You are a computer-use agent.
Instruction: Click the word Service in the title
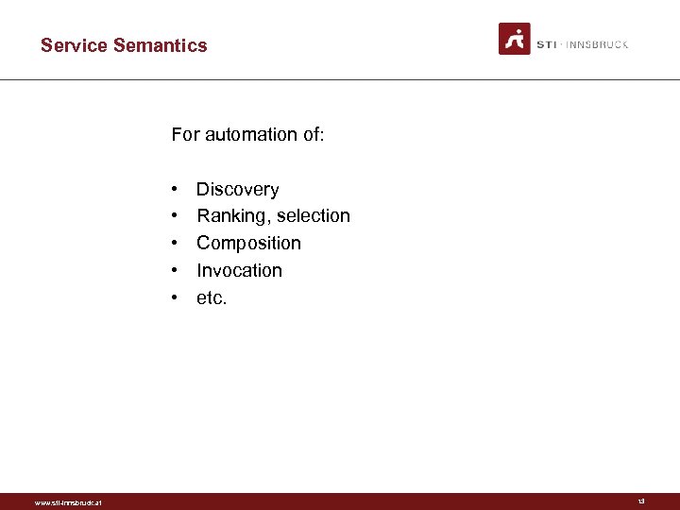[x=74, y=45]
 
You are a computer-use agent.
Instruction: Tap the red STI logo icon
[x=515, y=39]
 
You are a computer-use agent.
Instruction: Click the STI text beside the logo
[x=546, y=44]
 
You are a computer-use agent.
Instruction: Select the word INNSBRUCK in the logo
[x=597, y=44]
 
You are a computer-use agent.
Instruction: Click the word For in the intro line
[x=185, y=135]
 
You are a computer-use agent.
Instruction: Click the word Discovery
[x=237, y=189]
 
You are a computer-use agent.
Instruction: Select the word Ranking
[x=229, y=216]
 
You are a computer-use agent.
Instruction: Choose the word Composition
[x=248, y=244]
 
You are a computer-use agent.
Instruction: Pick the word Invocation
[x=239, y=271]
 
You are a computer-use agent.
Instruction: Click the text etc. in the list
[x=212, y=298]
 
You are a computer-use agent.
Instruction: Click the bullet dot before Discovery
[x=176, y=190]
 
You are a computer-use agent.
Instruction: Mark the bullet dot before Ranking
[x=176, y=217]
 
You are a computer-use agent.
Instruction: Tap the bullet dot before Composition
[x=176, y=245]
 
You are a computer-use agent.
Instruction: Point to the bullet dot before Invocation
[x=176, y=272]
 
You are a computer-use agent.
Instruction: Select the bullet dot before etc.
[x=176, y=299]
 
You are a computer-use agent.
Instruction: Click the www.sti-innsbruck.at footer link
[x=68, y=502]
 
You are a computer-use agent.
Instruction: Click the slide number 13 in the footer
[x=641, y=501]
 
